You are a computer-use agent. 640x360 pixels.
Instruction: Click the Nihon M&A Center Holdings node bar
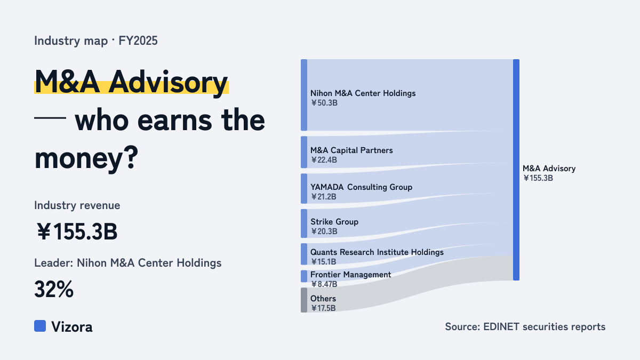(x=304, y=95)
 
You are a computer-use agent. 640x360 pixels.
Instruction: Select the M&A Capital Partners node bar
(x=304, y=153)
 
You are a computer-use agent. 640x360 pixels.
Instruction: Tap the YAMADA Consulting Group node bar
(x=304, y=189)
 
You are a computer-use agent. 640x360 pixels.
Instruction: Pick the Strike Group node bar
(x=304, y=223)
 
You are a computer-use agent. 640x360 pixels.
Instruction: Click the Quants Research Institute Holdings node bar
(x=304, y=254)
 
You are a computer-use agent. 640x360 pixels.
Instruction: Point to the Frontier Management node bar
(x=304, y=276)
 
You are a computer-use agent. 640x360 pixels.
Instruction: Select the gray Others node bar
(x=304, y=300)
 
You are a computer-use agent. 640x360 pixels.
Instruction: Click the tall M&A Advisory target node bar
(x=516, y=170)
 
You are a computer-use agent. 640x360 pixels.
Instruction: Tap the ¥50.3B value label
(x=324, y=103)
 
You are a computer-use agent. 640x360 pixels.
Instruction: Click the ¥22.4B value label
(x=324, y=160)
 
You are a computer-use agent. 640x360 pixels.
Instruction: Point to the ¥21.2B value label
(x=323, y=197)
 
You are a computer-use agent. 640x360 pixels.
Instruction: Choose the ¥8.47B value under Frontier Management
(x=324, y=284)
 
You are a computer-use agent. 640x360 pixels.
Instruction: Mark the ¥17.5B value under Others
(x=323, y=308)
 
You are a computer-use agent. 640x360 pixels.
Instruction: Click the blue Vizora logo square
(x=40, y=326)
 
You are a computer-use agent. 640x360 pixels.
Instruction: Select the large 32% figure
(x=54, y=290)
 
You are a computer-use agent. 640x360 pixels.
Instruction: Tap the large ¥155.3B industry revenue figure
(x=77, y=231)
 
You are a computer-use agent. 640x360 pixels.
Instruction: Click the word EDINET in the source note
(x=501, y=327)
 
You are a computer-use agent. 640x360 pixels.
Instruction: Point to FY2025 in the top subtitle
(x=138, y=41)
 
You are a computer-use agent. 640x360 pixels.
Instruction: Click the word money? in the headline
(x=86, y=158)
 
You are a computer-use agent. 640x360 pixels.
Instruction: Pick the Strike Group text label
(x=334, y=222)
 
